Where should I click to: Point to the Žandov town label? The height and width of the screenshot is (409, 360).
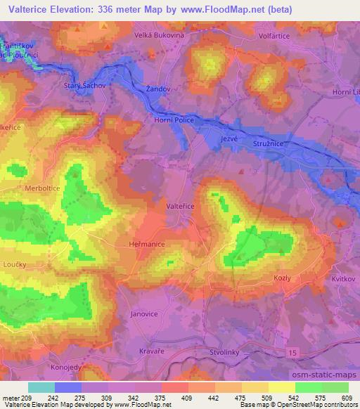tap(158, 89)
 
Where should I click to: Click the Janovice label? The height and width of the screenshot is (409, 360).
tap(146, 314)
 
